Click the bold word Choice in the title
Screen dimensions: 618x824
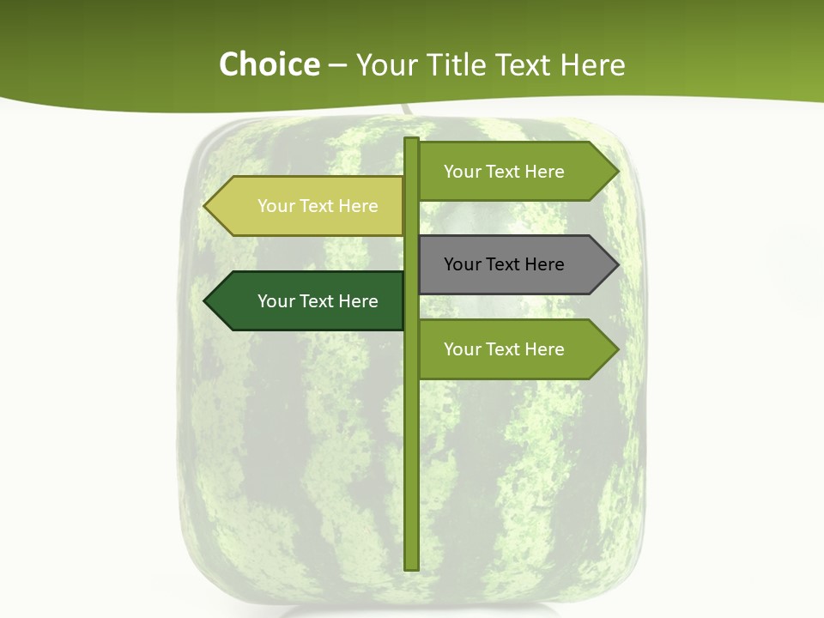(269, 64)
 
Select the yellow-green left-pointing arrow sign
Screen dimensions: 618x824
(305, 206)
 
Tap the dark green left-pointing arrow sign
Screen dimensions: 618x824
(305, 301)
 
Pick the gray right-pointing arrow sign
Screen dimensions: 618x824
(515, 264)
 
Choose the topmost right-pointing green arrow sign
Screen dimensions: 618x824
(515, 172)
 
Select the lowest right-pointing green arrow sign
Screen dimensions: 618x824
(515, 349)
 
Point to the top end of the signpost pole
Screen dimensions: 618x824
(412, 140)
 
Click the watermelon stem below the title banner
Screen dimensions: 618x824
(405, 110)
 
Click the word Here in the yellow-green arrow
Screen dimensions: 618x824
(358, 206)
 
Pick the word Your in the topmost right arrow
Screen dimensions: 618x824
(461, 172)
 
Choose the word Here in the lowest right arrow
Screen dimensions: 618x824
(544, 349)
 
